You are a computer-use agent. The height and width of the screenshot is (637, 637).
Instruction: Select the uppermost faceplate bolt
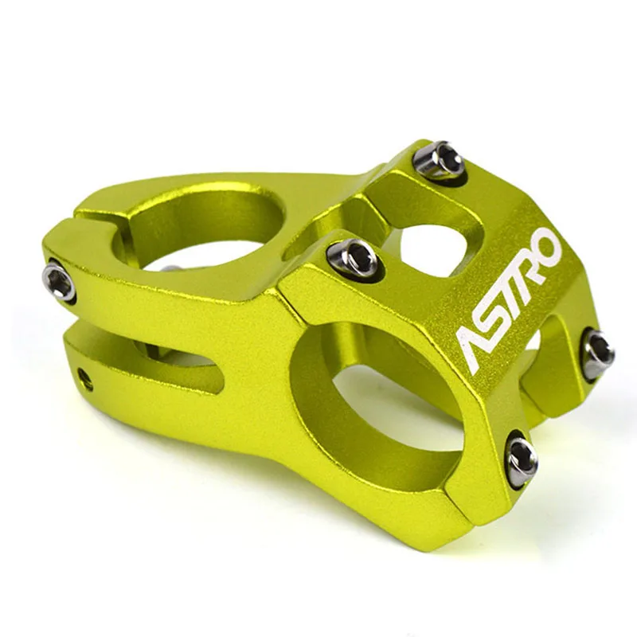coord(439,160)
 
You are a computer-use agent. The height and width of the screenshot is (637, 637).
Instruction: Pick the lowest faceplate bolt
coord(522,457)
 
